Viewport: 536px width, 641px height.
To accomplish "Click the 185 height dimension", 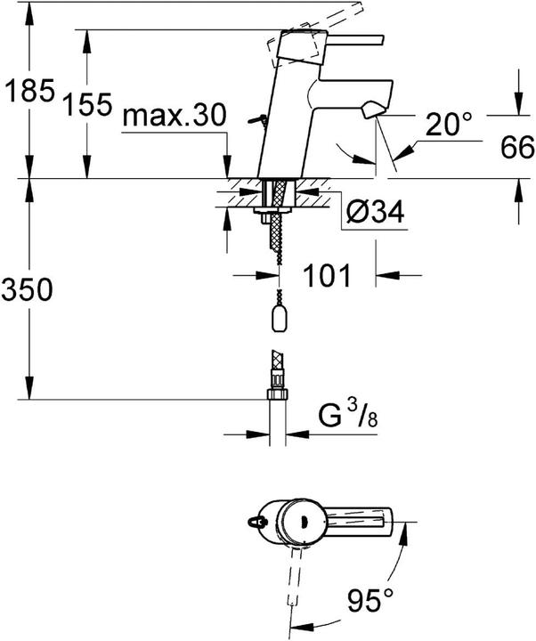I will point(28,91).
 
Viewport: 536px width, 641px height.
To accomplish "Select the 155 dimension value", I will point(87,106).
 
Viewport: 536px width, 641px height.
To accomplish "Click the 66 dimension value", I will point(514,147).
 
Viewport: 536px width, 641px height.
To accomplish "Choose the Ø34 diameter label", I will point(374,213).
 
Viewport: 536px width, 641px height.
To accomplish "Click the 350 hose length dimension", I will point(28,289).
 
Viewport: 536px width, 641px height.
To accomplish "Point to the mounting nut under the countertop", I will point(266,214).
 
